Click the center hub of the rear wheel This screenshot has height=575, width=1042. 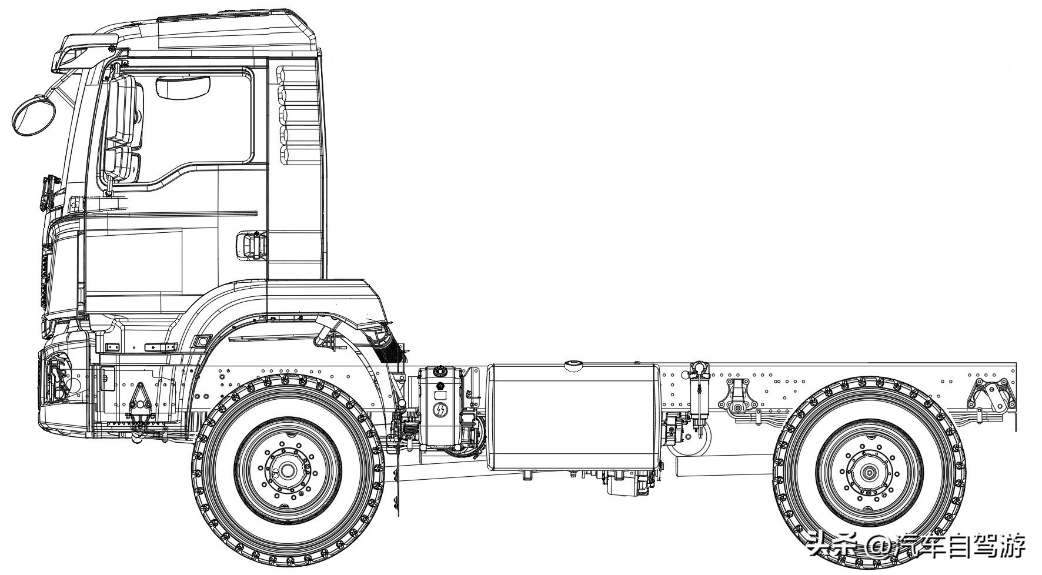[869, 472]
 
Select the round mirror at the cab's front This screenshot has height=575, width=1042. [34, 115]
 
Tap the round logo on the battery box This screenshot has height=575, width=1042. [439, 410]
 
